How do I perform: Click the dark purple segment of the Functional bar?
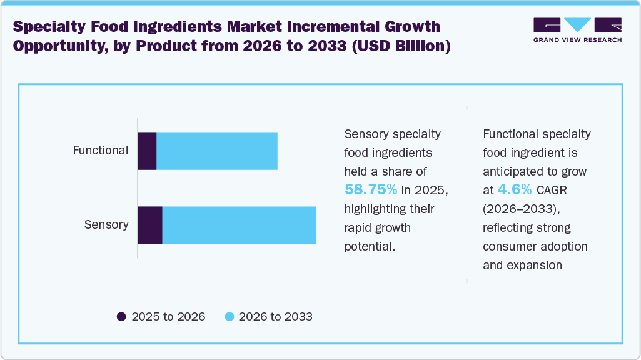click(x=147, y=151)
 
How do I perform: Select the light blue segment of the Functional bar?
click(x=216, y=151)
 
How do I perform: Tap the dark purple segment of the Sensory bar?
click(x=150, y=225)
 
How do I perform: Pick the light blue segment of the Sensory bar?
click(x=239, y=225)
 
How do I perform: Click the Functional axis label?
click(x=101, y=151)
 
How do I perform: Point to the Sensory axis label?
click(x=106, y=225)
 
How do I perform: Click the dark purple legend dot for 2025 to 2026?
click(x=121, y=317)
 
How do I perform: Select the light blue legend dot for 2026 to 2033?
click(x=229, y=317)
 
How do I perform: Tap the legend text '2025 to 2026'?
click(x=168, y=317)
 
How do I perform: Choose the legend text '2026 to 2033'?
click(x=275, y=317)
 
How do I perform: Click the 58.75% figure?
click(x=371, y=189)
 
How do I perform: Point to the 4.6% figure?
click(x=515, y=189)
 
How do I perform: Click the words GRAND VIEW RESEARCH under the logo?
click(x=577, y=40)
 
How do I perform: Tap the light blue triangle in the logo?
click(x=577, y=25)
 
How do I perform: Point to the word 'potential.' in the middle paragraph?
click(x=370, y=246)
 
